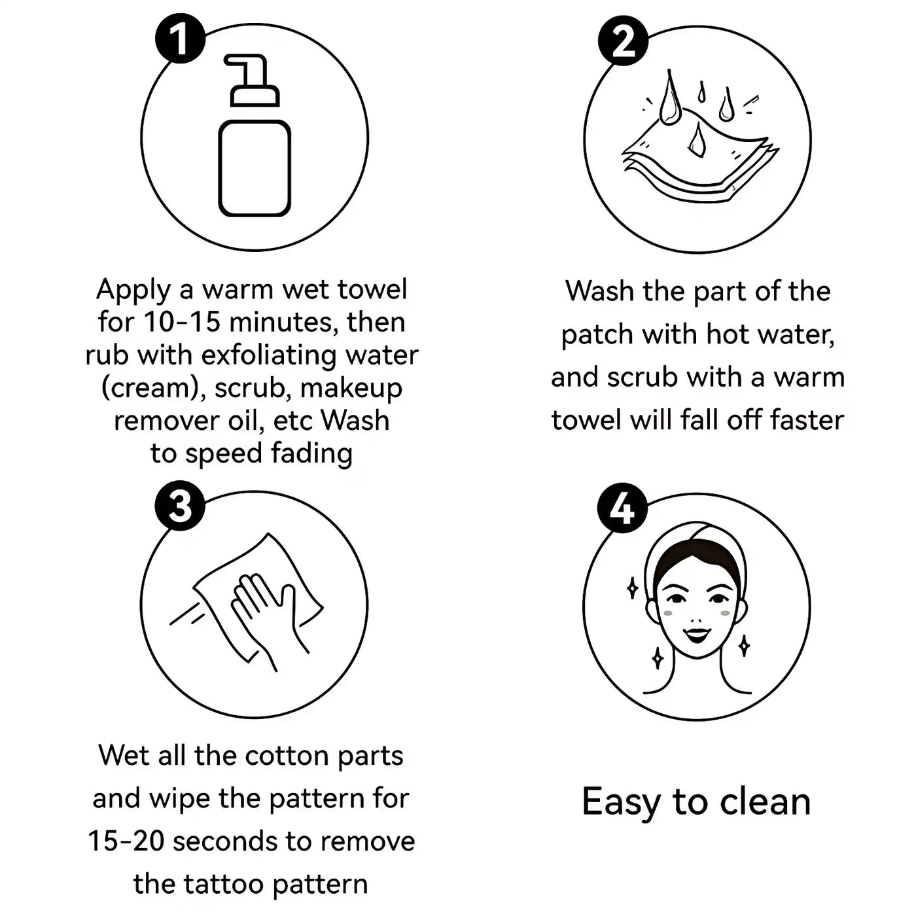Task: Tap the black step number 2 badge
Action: [x=623, y=42]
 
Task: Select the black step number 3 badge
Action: [x=180, y=506]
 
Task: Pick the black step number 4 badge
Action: [x=622, y=508]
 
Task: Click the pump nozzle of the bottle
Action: [x=252, y=81]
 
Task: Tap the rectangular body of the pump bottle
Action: [x=255, y=168]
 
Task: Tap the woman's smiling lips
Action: [x=697, y=635]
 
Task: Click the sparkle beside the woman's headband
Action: [x=632, y=588]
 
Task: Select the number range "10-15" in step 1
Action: [x=183, y=323]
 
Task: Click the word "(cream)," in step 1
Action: [x=154, y=389]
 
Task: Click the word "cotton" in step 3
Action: [x=287, y=756]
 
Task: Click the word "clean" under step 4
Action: [x=765, y=802]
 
